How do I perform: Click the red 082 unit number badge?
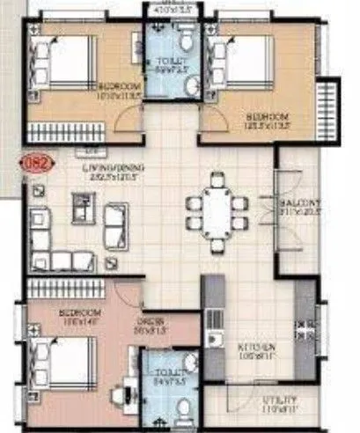tap(40, 162)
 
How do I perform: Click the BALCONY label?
tap(300, 207)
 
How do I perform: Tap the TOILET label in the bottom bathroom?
tap(159, 379)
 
